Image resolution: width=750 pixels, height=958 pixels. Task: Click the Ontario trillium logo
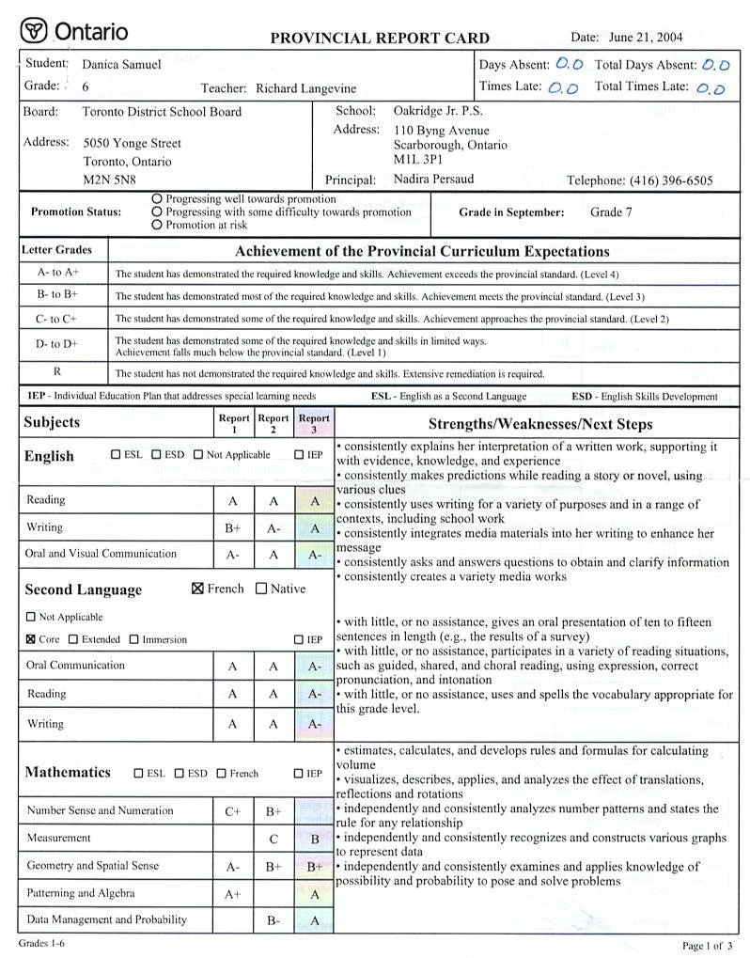35,31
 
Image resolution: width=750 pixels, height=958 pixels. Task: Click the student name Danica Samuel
121,65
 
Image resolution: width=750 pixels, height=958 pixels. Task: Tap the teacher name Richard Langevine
305,88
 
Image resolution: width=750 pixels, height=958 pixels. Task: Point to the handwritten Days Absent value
570,65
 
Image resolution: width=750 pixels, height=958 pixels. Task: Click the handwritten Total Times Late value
711,88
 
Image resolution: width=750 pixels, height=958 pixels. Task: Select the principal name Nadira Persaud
433,179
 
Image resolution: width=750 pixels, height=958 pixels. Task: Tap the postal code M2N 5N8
109,179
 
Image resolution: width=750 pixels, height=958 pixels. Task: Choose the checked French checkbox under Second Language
197,589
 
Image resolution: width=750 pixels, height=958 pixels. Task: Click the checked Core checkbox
31,639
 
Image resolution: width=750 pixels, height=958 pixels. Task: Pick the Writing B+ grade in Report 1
233,528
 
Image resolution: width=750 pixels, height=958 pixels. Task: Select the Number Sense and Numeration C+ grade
233,811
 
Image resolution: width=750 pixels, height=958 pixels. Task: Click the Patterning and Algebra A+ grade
233,894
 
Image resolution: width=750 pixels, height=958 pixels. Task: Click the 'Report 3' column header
314,423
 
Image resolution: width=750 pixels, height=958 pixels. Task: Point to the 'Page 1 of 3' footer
707,945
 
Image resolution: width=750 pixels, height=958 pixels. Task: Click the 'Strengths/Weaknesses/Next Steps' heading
539,424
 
